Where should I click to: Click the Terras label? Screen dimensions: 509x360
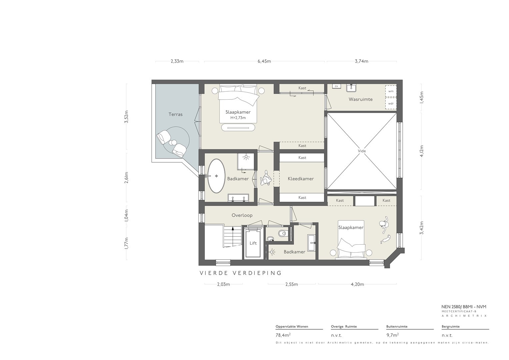click(175, 114)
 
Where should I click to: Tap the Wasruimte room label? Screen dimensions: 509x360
click(361, 99)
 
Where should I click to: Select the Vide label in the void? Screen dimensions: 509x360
click(362, 151)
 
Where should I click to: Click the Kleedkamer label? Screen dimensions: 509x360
click(301, 179)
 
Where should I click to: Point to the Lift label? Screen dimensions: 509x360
click(253, 243)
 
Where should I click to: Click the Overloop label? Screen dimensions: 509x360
click(242, 215)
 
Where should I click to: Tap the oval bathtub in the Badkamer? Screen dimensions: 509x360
click(216, 176)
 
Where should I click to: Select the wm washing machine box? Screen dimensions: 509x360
click(391, 91)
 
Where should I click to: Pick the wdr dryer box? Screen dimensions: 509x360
click(391, 103)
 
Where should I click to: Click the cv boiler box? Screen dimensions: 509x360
click(337, 86)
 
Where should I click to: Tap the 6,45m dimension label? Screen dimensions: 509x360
click(264, 61)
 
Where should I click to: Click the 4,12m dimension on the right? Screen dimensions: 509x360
click(422, 151)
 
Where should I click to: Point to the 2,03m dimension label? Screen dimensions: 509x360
click(223, 284)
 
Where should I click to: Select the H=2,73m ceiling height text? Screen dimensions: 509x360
click(238, 118)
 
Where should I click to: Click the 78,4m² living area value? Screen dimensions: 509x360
click(283, 335)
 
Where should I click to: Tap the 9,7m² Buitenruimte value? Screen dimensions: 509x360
click(392, 335)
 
